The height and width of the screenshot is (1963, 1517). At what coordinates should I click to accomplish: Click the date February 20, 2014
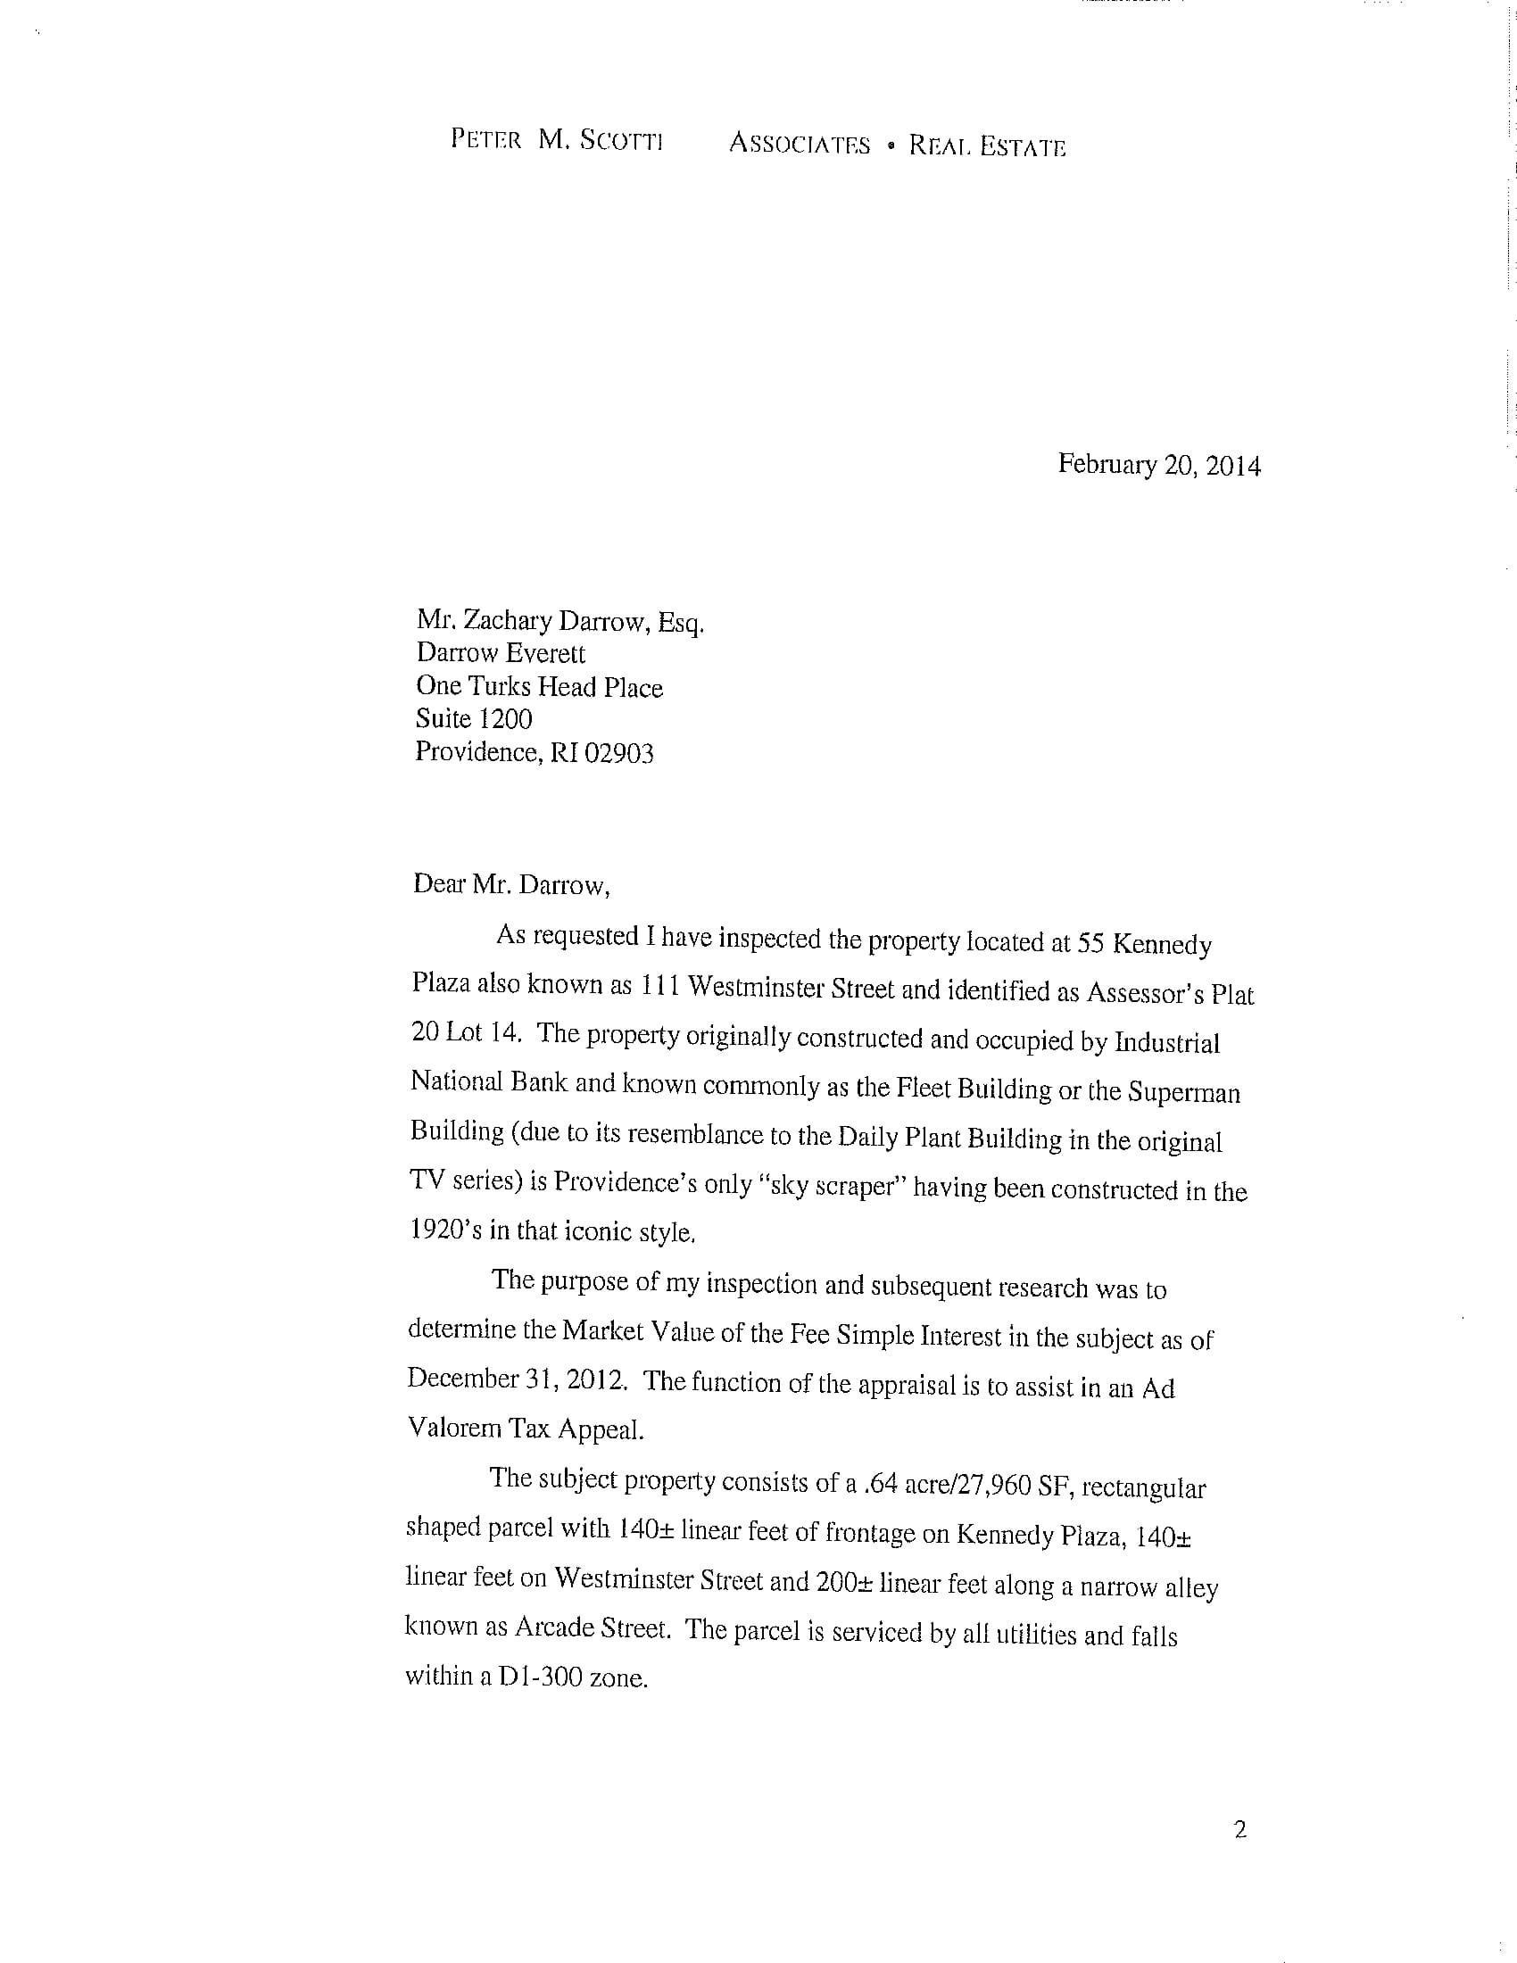coord(1158,466)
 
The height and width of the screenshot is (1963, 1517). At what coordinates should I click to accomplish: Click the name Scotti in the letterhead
coord(622,141)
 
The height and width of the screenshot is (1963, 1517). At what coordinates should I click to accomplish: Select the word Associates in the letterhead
coord(799,145)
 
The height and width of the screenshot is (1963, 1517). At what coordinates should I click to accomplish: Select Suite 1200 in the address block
coord(474,719)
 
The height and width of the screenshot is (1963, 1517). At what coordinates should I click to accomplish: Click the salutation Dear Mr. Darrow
coord(511,885)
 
